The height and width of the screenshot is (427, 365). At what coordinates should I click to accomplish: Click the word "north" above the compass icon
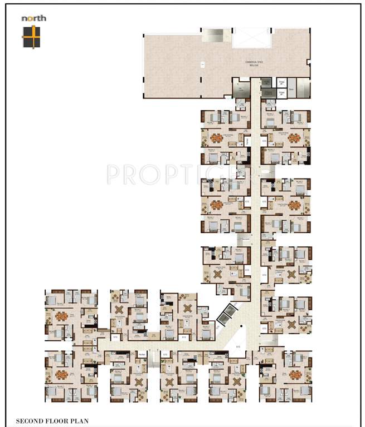(33, 18)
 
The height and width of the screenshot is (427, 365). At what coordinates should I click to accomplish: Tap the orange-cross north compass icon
(31, 36)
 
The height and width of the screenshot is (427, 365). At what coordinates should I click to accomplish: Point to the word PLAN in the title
(78, 421)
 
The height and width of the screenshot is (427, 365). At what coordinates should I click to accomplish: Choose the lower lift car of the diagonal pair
(225, 319)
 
